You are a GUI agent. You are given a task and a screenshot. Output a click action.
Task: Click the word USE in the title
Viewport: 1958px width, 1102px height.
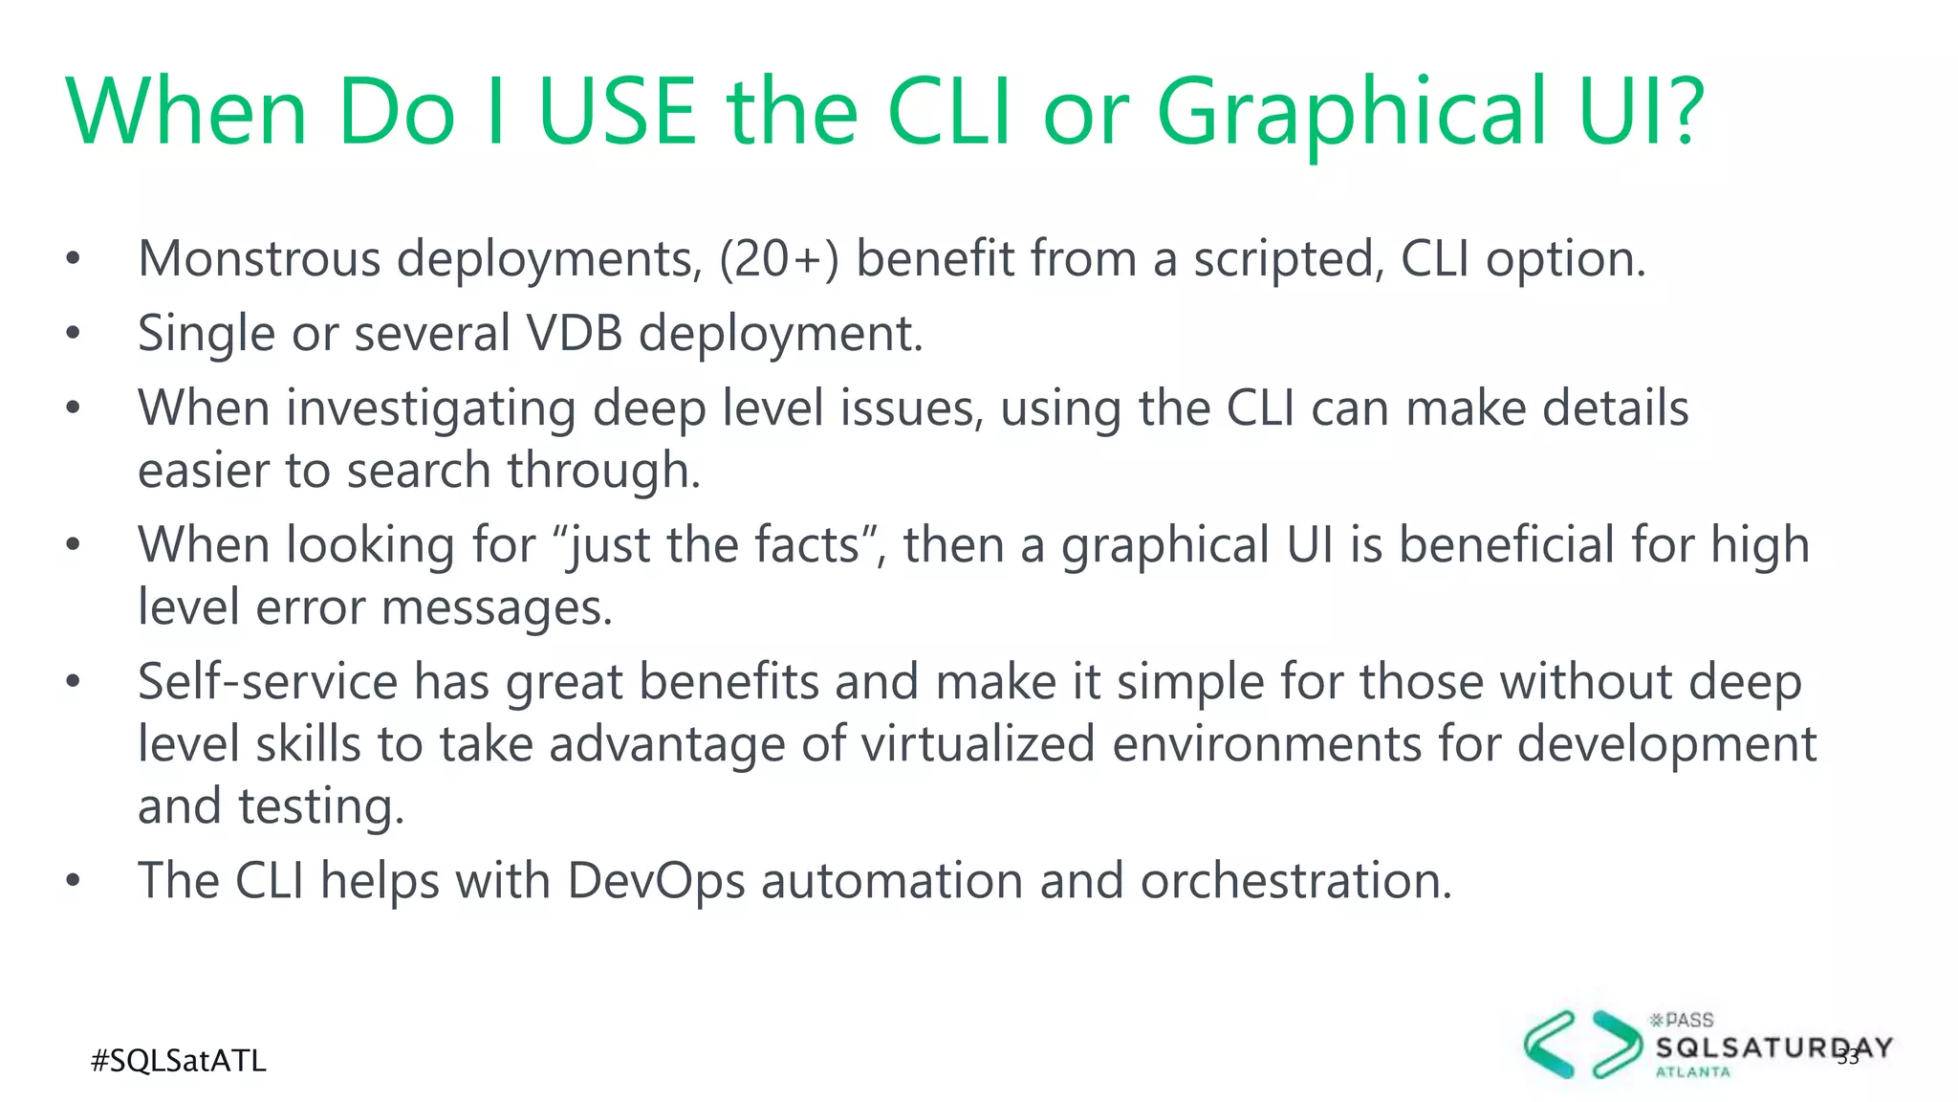tap(618, 113)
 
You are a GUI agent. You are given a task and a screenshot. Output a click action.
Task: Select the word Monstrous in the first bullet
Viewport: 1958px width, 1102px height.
tap(259, 259)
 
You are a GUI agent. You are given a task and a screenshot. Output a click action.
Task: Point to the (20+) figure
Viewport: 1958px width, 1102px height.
tap(778, 259)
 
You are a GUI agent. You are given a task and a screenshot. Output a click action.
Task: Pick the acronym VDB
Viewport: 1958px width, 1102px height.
tap(575, 333)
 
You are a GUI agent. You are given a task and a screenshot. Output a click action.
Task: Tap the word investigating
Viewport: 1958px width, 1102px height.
tap(431, 409)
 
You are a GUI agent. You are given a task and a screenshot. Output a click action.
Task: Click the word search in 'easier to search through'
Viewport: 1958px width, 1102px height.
tap(419, 471)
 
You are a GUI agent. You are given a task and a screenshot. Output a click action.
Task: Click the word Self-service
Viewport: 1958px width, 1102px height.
tap(268, 682)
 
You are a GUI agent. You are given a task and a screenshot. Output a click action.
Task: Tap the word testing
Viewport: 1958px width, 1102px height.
tap(321, 806)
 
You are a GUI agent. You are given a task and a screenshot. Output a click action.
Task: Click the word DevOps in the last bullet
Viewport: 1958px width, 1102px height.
tap(656, 881)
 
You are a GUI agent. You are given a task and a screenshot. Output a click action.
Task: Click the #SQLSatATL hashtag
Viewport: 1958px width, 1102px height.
tap(179, 1061)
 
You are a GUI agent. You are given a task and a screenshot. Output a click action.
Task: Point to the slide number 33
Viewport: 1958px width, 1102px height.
tap(1848, 1057)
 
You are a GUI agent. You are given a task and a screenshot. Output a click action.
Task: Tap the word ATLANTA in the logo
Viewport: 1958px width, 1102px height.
tap(1692, 1072)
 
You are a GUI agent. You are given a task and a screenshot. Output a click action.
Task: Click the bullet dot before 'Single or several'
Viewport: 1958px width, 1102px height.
tap(74, 334)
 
